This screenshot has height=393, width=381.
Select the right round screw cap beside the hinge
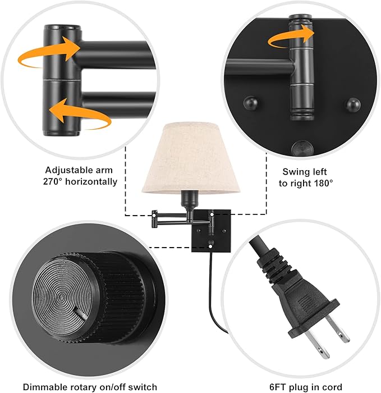tap(353, 104)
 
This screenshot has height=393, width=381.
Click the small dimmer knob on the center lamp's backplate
tap(210, 244)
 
